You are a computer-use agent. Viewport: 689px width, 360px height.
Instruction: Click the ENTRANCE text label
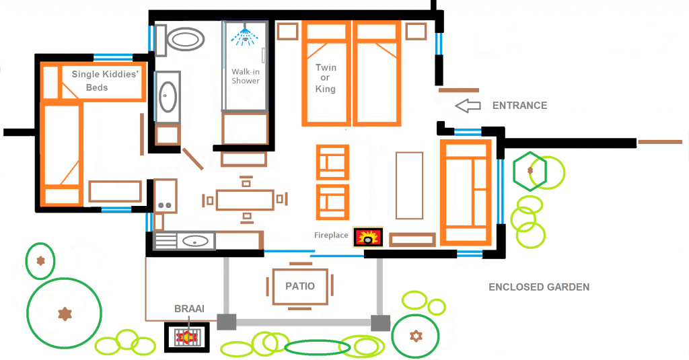pyautogui.click(x=519, y=106)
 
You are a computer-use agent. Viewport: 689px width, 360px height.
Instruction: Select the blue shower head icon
pyautogui.click(x=245, y=34)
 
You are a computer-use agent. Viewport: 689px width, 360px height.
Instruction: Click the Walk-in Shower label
pyautogui.click(x=246, y=76)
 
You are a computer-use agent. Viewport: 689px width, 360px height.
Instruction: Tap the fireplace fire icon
pyautogui.click(x=369, y=237)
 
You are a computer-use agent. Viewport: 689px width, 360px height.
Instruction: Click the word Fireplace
pyautogui.click(x=331, y=236)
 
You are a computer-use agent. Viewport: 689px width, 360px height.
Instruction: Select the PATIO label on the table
pyautogui.click(x=300, y=286)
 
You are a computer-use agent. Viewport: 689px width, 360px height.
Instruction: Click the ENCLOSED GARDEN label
pyautogui.click(x=538, y=287)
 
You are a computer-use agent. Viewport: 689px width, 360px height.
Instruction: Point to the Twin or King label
pyautogui.click(x=326, y=78)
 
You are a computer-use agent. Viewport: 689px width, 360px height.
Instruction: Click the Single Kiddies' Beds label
pyautogui.click(x=105, y=81)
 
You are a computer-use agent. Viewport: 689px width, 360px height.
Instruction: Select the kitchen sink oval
pyautogui.click(x=196, y=240)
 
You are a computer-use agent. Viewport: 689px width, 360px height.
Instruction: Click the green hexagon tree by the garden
pyautogui.click(x=530, y=171)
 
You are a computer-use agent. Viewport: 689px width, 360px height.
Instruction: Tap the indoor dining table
pyautogui.click(x=246, y=200)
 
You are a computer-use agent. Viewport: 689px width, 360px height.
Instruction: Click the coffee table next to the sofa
pyautogui.click(x=409, y=185)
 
